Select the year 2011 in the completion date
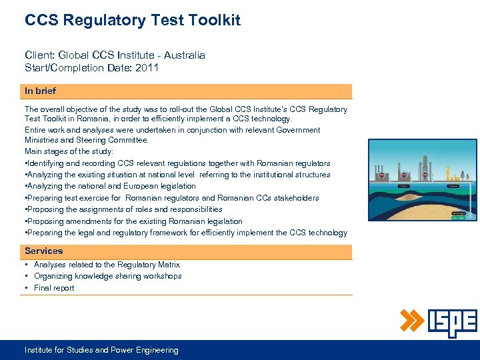[147, 67]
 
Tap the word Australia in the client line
[183, 55]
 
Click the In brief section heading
[41, 91]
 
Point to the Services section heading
[44, 251]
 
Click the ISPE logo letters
[452, 323]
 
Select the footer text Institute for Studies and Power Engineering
[101, 350]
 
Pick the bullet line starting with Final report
[54, 288]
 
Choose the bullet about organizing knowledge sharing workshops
[107, 276]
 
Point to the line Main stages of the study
[69, 151]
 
